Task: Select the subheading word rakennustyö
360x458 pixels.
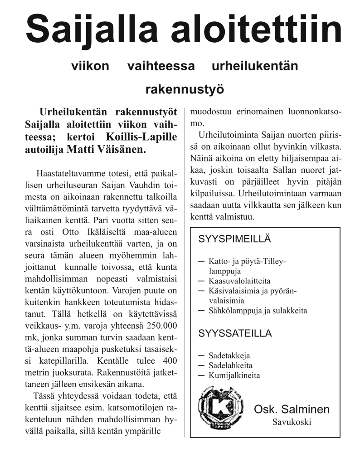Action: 185,89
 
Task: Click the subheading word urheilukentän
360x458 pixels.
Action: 255,66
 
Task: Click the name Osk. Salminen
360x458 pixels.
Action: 292,410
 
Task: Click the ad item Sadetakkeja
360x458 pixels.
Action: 229,356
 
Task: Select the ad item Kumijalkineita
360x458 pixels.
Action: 234,375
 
